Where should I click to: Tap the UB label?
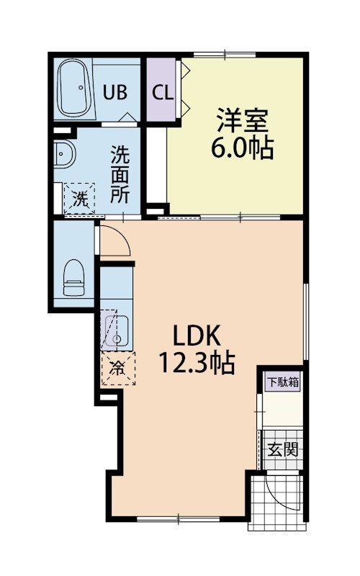(x=115, y=92)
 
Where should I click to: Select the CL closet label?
(x=161, y=93)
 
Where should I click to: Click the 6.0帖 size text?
(x=241, y=148)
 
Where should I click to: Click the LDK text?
(x=199, y=336)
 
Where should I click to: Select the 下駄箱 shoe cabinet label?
(x=283, y=382)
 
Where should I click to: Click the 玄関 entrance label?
(x=283, y=451)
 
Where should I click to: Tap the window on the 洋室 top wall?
(x=224, y=55)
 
